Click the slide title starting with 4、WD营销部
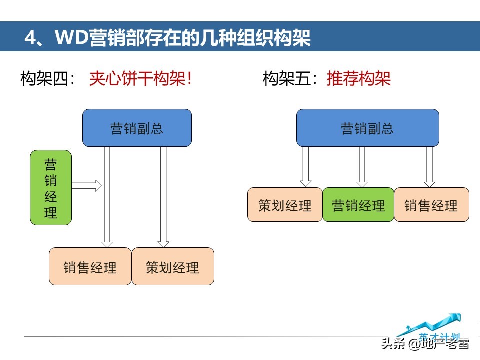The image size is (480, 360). (x=167, y=38)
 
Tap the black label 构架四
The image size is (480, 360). (x=48, y=79)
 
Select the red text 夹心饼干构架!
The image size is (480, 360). (x=140, y=79)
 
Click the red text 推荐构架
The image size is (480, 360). (x=359, y=79)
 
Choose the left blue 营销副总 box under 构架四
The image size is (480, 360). (x=137, y=128)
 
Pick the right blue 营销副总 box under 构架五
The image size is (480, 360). (x=367, y=128)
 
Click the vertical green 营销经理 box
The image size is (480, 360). (x=51, y=187)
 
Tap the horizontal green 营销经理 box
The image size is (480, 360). (x=358, y=205)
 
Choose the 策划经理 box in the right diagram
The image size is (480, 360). (x=285, y=205)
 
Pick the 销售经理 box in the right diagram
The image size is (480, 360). (x=431, y=205)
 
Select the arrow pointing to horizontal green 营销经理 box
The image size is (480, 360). (x=362, y=167)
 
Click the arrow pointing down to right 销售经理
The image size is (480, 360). (x=429, y=167)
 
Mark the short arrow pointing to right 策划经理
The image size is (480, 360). (x=306, y=167)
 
